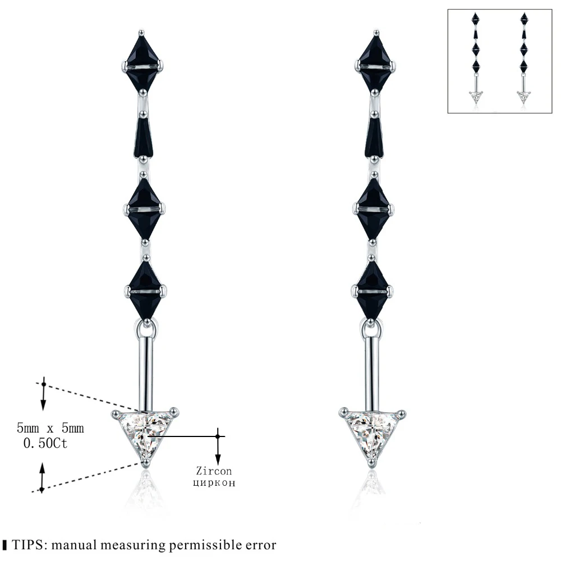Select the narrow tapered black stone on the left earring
point(144,136)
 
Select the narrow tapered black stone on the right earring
point(375,136)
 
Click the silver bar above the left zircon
point(147,370)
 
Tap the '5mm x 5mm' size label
point(50,429)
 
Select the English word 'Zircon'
point(214,471)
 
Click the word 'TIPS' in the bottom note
point(28,545)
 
